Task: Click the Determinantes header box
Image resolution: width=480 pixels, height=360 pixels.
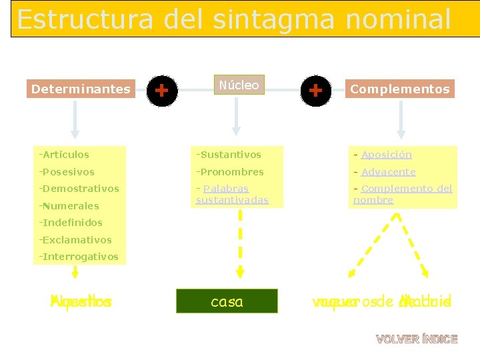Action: click(81, 89)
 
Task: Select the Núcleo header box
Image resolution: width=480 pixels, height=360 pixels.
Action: click(239, 85)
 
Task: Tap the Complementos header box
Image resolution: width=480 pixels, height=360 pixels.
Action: click(400, 89)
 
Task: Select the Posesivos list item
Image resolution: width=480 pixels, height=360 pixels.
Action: click(68, 172)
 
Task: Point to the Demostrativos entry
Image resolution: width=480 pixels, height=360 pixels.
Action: click(80, 189)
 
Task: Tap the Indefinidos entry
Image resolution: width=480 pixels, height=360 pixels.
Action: click(72, 223)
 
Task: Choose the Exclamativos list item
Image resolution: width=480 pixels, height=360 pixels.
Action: click(77, 240)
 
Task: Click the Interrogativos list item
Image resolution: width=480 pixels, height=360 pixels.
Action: click(80, 257)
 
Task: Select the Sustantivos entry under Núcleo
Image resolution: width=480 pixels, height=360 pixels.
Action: click(229, 155)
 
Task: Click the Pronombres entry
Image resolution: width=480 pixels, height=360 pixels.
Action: click(231, 172)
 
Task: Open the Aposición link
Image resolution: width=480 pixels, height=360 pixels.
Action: click(387, 155)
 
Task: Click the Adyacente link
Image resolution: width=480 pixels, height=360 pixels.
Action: click(388, 172)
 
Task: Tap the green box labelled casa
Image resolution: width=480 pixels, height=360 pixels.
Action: click(227, 301)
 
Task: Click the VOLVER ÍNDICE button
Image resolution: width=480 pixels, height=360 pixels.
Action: click(417, 339)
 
